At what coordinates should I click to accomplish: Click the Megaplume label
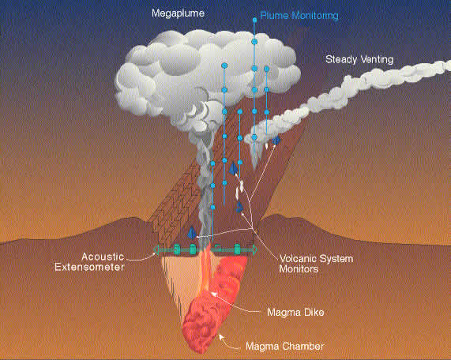[178, 13]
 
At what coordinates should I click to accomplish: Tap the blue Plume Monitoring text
[299, 16]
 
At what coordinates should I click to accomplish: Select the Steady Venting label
[359, 59]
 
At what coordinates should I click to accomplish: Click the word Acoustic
[103, 257]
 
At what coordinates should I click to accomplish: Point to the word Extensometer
[89, 267]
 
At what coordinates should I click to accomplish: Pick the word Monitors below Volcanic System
[299, 269]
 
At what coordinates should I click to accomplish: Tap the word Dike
[314, 313]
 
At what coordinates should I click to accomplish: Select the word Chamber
[306, 346]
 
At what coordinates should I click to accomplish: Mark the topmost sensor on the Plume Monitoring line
[254, 20]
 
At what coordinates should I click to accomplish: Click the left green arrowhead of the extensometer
[156, 249]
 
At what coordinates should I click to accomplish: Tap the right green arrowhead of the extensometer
[255, 249]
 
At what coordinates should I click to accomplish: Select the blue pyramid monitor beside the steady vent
[276, 141]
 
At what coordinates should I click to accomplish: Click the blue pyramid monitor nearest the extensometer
[192, 233]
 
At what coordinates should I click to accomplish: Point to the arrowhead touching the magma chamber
[220, 336]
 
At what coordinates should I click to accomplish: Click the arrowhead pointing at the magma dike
[213, 294]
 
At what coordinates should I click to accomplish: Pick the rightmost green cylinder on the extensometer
[237, 249]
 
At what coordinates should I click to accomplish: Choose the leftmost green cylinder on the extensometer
[177, 249]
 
